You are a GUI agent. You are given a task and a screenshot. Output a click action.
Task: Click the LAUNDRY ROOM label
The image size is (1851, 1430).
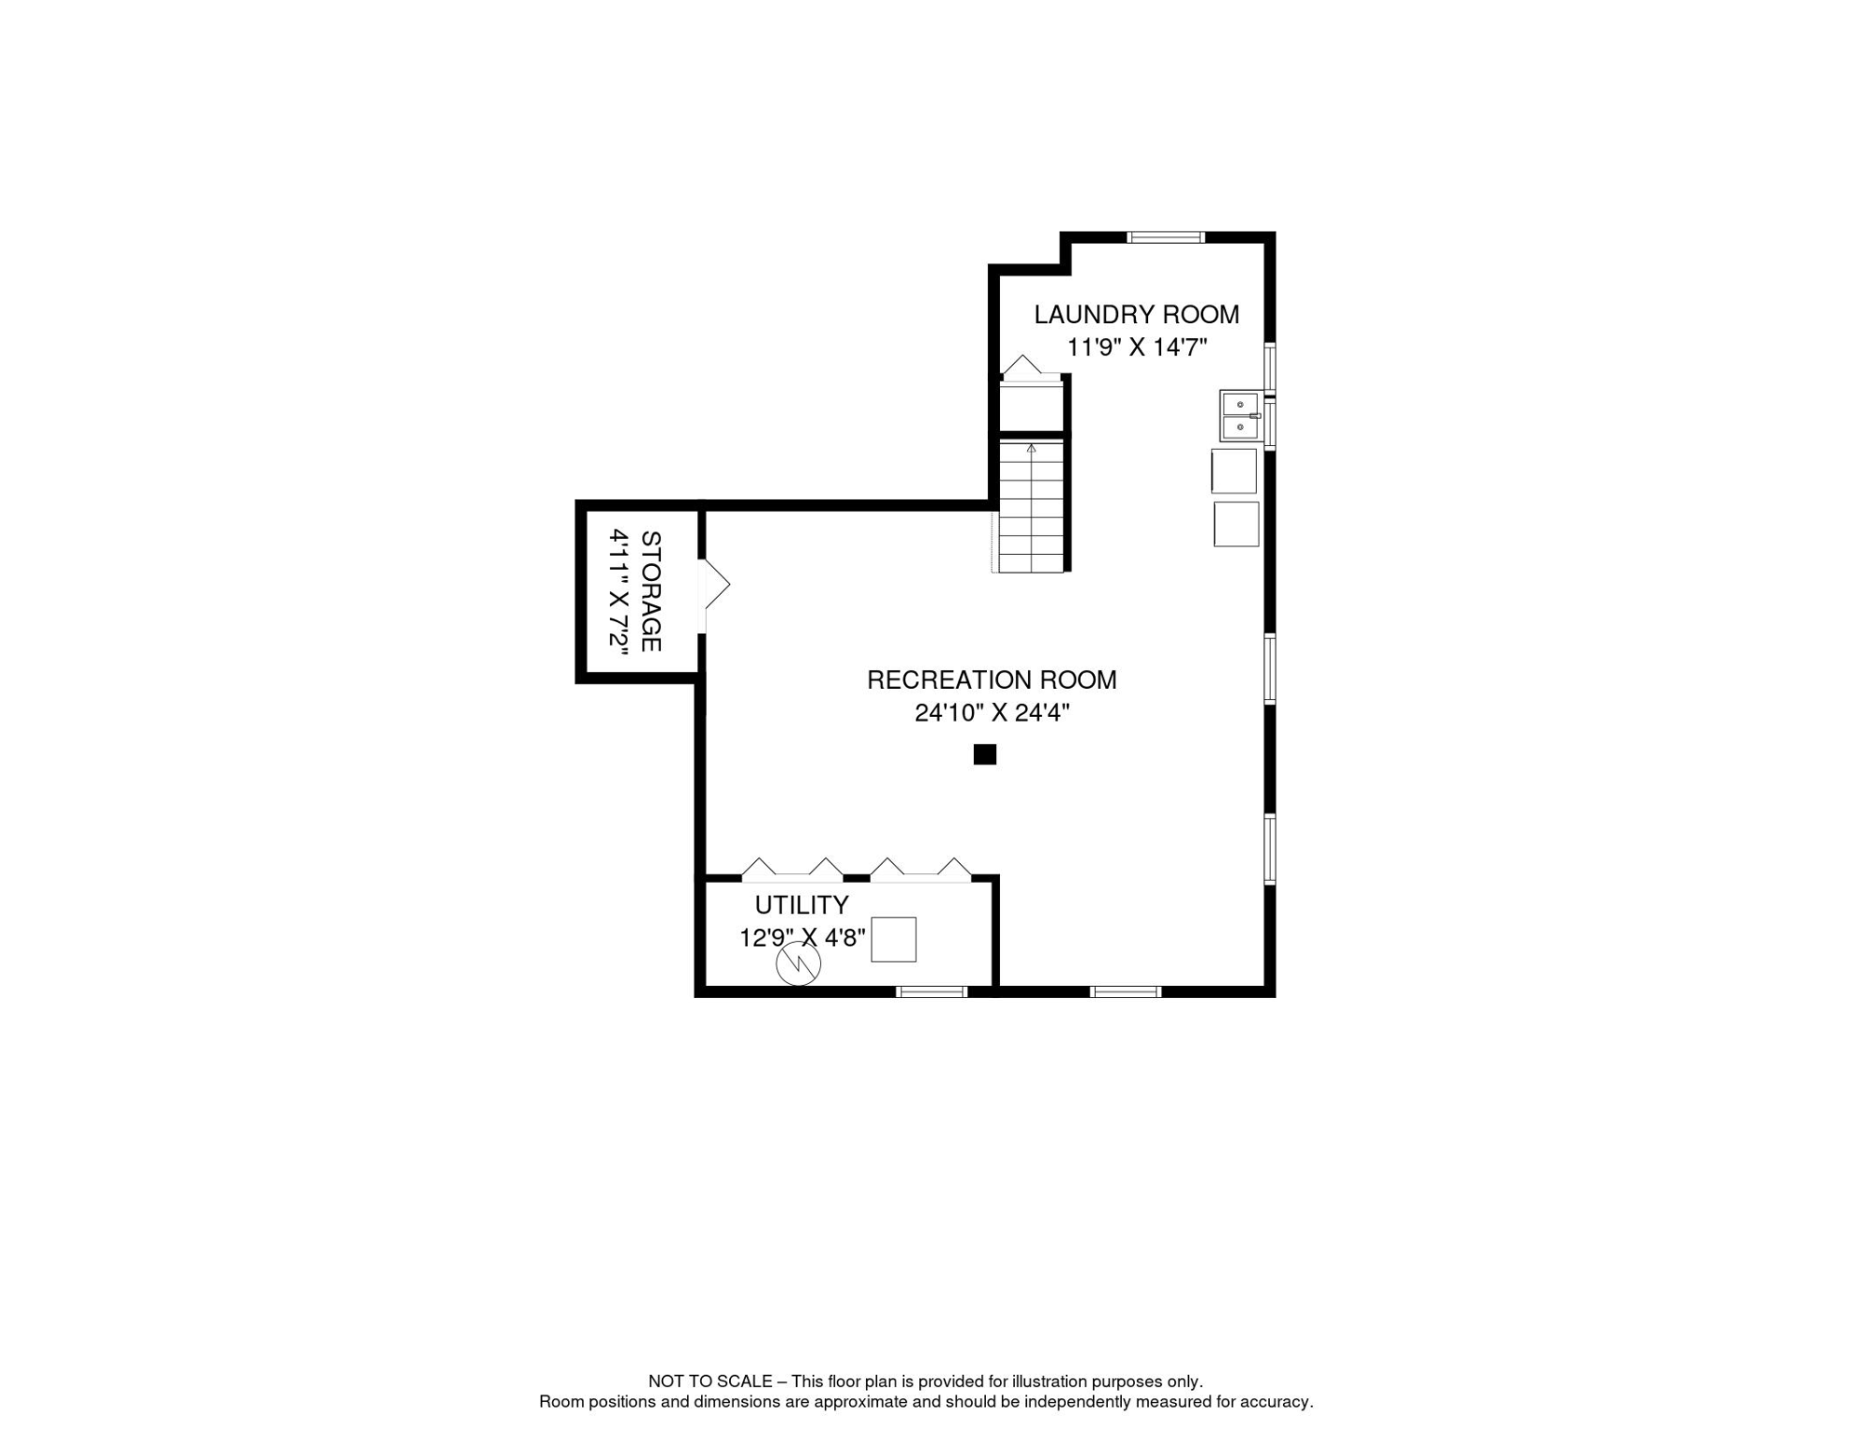tap(1137, 315)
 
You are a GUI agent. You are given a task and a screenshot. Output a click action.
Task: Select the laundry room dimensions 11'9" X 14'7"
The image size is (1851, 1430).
tap(1137, 347)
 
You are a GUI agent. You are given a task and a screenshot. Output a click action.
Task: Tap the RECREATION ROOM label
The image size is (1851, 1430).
tap(992, 681)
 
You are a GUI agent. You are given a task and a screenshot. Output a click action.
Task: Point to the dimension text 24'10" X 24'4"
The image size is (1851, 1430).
tap(992, 713)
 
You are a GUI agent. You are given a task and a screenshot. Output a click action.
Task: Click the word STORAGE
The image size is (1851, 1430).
tap(651, 591)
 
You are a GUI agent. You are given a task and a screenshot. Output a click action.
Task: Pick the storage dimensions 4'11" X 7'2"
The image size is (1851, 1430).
tap(619, 591)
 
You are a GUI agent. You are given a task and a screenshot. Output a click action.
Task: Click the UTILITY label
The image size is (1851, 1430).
tap(802, 905)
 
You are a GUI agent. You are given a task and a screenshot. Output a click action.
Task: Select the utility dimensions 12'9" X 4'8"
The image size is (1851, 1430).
tap(803, 938)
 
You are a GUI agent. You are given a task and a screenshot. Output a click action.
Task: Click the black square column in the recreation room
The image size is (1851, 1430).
tap(985, 754)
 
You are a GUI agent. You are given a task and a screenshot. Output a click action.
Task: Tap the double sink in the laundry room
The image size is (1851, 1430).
tap(1240, 416)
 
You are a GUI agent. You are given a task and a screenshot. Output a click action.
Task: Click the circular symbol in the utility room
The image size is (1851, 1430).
tap(799, 965)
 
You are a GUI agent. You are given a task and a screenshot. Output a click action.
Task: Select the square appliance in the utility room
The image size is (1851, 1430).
tap(894, 939)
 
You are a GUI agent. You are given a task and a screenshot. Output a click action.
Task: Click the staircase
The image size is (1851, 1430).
tap(1032, 506)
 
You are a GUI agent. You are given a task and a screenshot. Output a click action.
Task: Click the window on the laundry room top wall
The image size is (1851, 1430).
tap(1166, 237)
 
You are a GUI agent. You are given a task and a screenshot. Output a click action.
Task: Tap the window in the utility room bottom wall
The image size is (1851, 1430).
tap(932, 992)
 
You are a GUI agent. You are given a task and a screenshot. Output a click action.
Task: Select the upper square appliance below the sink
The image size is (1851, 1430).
tap(1234, 471)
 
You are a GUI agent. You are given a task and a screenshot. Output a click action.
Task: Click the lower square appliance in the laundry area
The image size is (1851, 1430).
tap(1236, 524)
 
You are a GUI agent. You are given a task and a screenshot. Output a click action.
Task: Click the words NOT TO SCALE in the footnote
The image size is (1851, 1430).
tap(710, 1382)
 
